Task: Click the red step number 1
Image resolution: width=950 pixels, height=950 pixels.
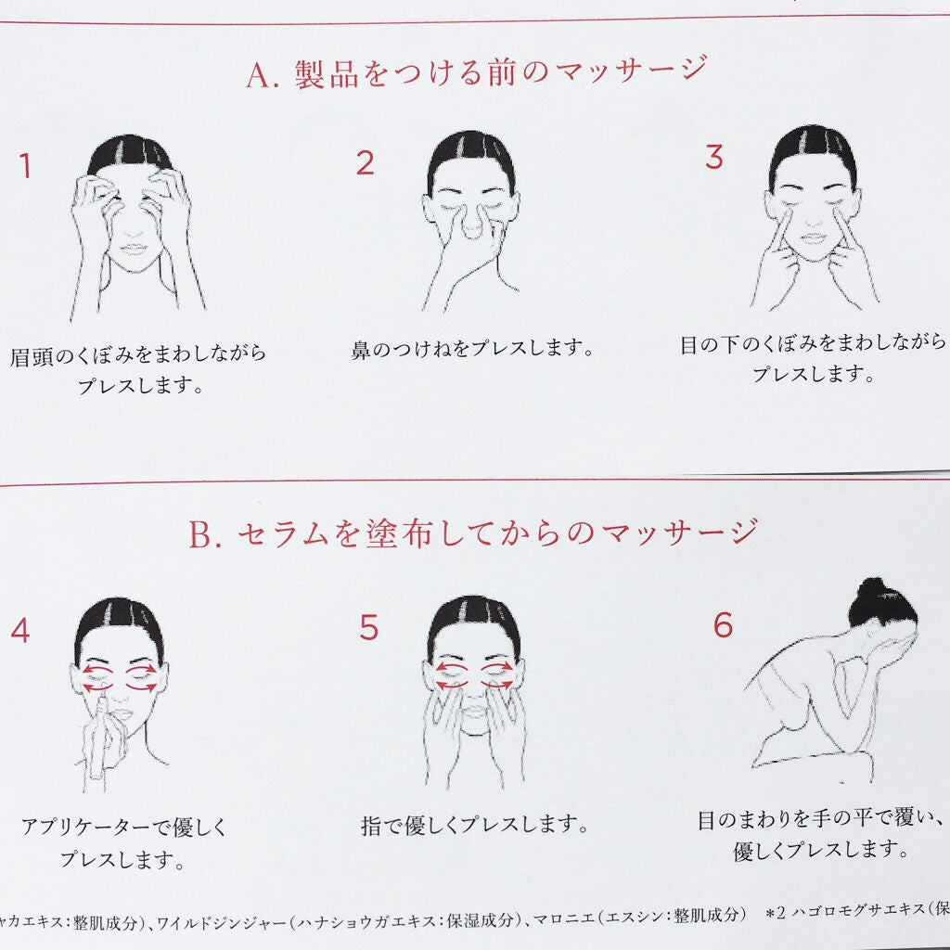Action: pos(25,167)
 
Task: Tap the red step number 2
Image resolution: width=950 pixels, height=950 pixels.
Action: pos(365,163)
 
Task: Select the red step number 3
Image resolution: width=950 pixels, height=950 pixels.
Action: pos(713,158)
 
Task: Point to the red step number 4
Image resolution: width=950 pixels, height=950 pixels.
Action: pos(19,631)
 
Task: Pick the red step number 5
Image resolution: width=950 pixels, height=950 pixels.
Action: pos(369,628)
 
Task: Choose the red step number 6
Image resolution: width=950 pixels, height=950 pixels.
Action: pos(723,625)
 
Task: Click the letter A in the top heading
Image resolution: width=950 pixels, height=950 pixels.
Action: pos(259,74)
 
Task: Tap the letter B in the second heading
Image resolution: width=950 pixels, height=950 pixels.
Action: pos(201,535)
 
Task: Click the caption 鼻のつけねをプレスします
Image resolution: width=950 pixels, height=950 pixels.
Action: pos(472,350)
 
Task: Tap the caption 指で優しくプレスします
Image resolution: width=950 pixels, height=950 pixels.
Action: pos(474,824)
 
